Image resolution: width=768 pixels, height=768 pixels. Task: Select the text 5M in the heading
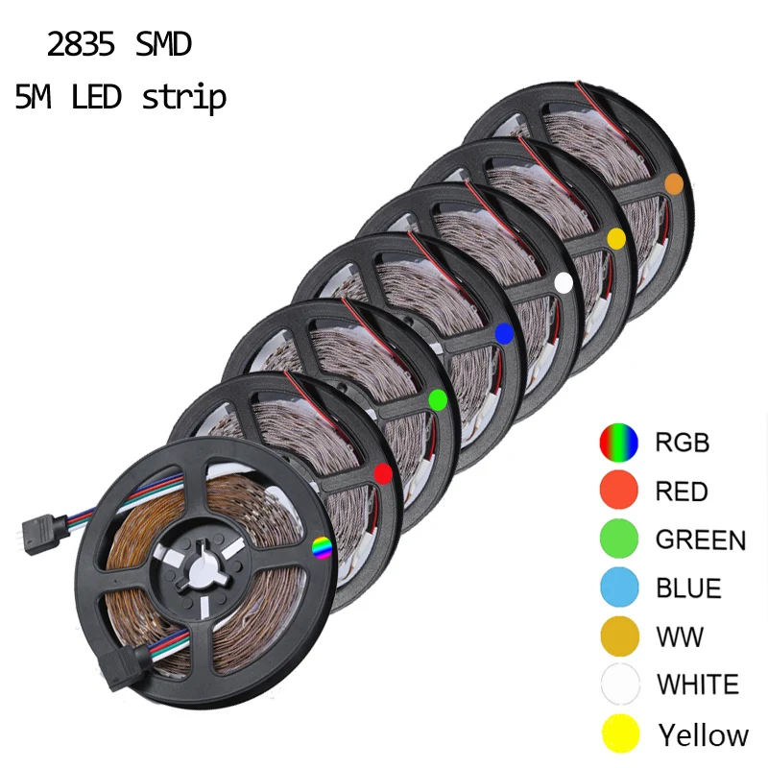tap(35, 97)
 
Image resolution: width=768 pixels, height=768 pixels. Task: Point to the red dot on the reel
tap(382, 472)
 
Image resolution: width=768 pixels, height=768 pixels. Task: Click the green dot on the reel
tap(438, 398)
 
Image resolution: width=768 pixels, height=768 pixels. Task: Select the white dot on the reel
tap(564, 281)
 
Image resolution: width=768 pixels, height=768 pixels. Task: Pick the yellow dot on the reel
tap(616, 236)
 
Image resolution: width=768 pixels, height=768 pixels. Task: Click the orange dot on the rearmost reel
tap(674, 183)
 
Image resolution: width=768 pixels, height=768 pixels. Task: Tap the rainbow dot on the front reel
tap(322, 548)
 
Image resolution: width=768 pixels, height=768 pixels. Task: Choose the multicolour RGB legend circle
tap(619, 443)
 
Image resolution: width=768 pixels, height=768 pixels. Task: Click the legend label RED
tap(682, 492)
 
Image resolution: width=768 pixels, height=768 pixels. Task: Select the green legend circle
tap(619, 539)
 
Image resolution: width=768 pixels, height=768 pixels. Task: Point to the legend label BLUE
tap(689, 588)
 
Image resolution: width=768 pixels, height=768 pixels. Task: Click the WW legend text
tap(680, 636)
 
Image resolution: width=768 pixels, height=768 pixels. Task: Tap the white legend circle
tap(619, 684)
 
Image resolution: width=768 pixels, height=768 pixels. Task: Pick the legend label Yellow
tap(703, 735)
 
